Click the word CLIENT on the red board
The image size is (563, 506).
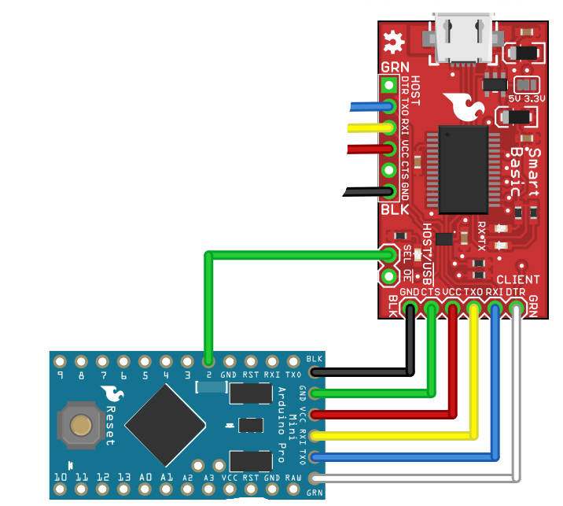click(517, 279)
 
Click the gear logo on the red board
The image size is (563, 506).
click(391, 38)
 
